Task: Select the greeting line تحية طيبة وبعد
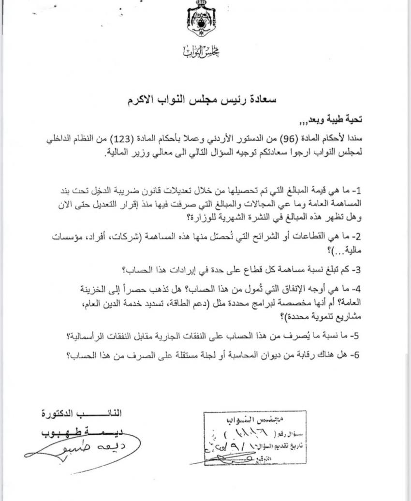[x=337, y=119]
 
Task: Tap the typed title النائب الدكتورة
[x=82, y=414]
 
